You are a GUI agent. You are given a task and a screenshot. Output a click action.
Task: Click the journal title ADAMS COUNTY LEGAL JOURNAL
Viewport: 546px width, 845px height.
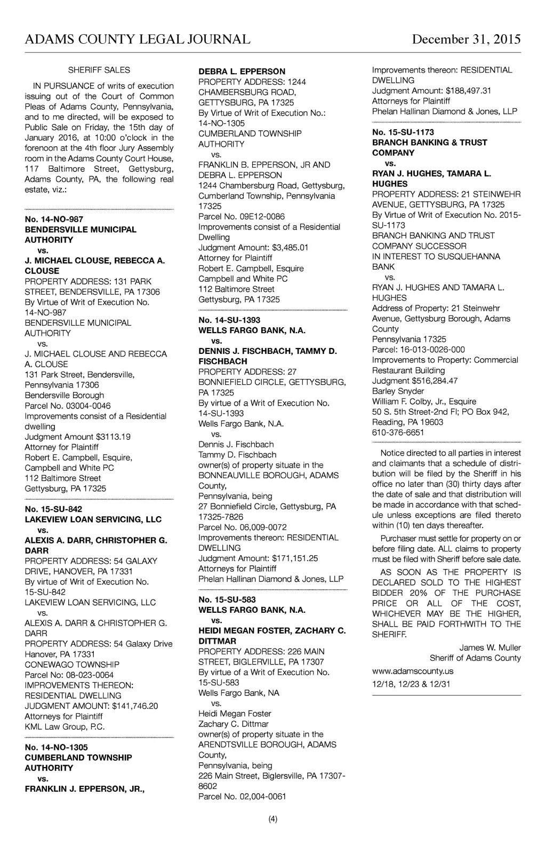(138, 40)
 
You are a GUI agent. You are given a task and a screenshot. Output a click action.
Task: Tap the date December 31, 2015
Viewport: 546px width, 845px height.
(466, 40)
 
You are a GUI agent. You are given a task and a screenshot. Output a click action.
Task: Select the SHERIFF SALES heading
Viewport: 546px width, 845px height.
(99, 70)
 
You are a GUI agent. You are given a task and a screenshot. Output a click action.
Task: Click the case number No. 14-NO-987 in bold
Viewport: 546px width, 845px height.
(54, 219)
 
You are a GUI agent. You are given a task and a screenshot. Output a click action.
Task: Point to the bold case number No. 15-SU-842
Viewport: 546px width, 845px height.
(54, 509)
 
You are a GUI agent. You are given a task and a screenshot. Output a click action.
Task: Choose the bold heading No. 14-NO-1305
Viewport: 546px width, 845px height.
(56, 747)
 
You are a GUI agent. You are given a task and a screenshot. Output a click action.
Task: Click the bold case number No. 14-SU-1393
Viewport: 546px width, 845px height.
(229, 320)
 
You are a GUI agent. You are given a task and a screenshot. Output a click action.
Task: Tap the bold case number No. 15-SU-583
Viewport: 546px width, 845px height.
(227, 599)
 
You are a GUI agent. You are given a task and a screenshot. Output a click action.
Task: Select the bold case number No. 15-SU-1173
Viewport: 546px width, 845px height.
(403, 132)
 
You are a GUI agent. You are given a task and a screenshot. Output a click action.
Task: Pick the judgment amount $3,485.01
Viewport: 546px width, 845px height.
(290, 248)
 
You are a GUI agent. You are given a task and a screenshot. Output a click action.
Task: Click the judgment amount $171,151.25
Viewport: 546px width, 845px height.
(295, 558)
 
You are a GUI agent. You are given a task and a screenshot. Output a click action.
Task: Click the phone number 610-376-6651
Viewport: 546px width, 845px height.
(398, 432)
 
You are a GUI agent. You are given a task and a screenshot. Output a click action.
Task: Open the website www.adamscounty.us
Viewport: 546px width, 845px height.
(413, 671)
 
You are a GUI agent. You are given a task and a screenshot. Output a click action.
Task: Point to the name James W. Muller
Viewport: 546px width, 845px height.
(490, 647)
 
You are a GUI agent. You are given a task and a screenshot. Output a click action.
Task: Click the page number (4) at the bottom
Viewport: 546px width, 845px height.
(272, 819)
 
